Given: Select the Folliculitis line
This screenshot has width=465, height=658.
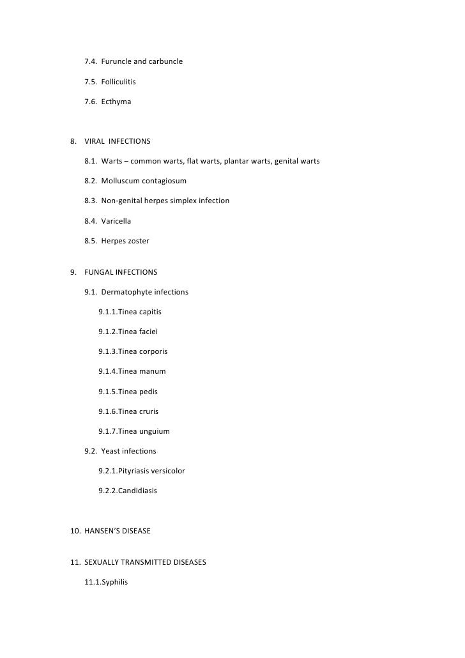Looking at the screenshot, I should tap(118, 82).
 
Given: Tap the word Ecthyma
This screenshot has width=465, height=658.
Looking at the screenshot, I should tap(116, 102).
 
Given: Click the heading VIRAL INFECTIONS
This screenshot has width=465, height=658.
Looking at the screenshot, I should tap(121, 141).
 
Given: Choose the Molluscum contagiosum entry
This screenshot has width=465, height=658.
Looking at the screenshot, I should tap(144, 181).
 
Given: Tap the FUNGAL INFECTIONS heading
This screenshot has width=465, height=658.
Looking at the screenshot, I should tap(121, 272).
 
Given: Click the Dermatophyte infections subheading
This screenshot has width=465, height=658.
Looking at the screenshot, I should tap(144, 292).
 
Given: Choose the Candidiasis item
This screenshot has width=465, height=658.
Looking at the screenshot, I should tap(137, 491).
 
